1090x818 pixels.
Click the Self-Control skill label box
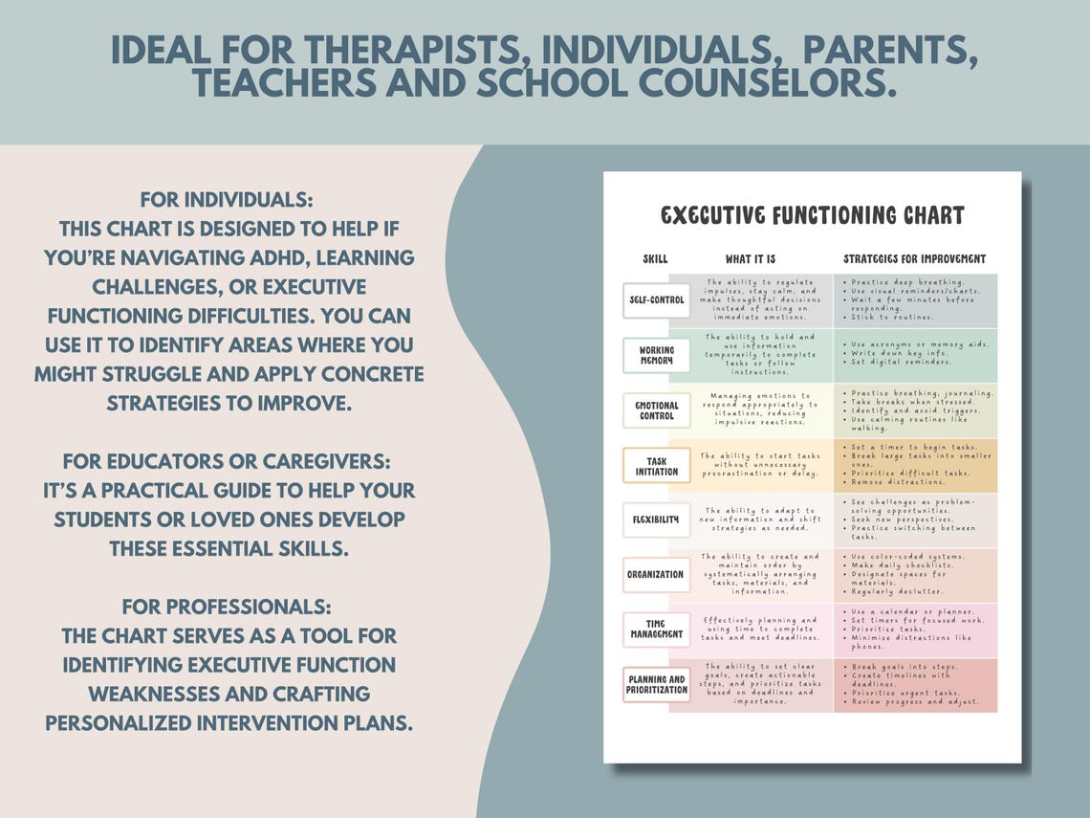[x=656, y=300]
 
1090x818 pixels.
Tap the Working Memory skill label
[x=656, y=355]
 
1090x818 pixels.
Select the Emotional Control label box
[x=656, y=410]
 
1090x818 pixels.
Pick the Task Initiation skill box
[x=656, y=466]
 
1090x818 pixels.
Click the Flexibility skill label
[x=656, y=520]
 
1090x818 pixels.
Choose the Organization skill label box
[x=656, y=575]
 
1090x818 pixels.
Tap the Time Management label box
[x=656, y=629]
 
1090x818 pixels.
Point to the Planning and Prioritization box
[x=656, y=684]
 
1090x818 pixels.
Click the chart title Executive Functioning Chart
[x=812, y=215]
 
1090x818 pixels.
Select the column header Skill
[x=655, y=259]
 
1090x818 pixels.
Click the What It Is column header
[x=751, y=259]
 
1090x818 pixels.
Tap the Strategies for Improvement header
[x=914, y=259]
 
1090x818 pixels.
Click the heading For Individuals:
[x=227, y=201]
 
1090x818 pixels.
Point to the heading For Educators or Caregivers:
[x=229, y=462]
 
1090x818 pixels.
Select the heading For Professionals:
[x=228, y=608]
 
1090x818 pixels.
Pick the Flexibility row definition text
[x=760, y=520]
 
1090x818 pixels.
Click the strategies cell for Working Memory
[x=914, y=355]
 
